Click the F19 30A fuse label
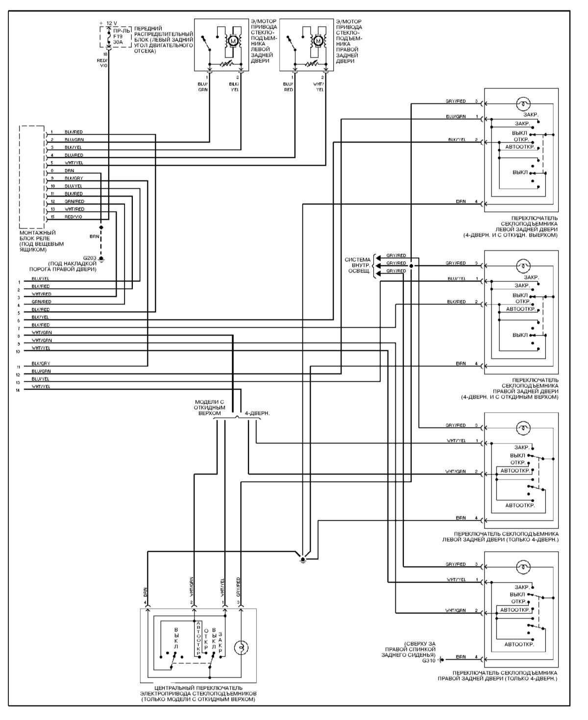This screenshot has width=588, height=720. pyautogui.click(x=118, y=39)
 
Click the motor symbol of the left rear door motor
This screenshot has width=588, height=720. pyautogui.click(x=233, y=41)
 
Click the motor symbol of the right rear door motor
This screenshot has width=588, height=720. pyautogui.click(x=318, y=41)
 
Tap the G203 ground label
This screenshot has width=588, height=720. pyautogui.click(x=90, y=257)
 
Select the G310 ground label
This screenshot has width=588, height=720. pyautogui.click(x=428, y=660)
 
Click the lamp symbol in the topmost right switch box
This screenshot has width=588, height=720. pyautogui.click(x=524, y=103)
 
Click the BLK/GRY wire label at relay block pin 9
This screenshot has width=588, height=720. pyautogui.click(x=73, y=178)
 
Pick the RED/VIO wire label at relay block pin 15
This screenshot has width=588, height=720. pyautogui.click(x=73, y=217)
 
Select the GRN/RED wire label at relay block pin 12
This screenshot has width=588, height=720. pyautogui.click(x=74, y=201)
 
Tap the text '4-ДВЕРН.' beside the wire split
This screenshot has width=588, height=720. pyautogui.click(x=257, y=413)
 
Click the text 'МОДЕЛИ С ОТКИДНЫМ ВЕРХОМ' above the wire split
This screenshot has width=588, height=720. pyautogui.click(x=210, y=407)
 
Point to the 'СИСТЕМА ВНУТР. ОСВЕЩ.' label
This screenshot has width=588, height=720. pyautogui.click(x=358, y=265)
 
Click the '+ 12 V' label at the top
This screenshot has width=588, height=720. pyautogui.click(x=108, y=23)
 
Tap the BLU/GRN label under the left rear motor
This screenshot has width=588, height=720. pyautogui.click(x=203, y=87)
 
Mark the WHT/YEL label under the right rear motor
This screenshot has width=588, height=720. pyautogui.click(x=319, y=87)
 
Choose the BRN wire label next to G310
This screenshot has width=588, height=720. pyautogui.click(x=461, y=657)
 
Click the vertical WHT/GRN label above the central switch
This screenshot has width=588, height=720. pyautogui.click(x=191, y=585)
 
